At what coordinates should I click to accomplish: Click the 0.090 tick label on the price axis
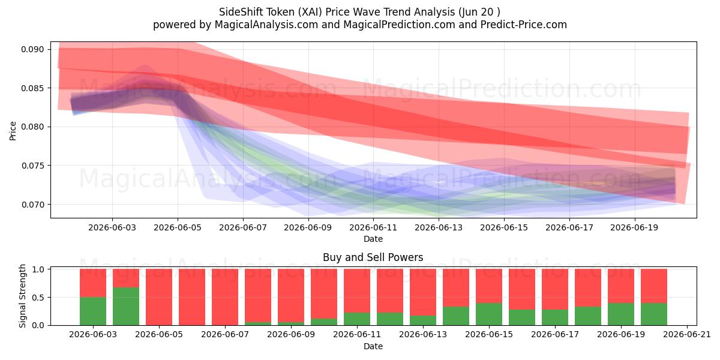(32, 49)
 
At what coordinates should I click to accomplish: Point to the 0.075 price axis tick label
(32, 166)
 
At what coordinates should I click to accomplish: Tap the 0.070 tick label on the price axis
(32, 205)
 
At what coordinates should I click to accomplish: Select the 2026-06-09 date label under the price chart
(308, 227)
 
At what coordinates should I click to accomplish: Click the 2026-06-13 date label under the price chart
(439, 227)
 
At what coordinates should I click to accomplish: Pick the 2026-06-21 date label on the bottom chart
(687, 335)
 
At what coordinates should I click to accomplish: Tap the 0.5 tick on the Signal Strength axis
(38, 298)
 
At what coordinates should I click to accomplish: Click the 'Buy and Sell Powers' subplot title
(373, 257)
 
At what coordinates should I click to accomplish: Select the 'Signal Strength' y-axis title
(22, 296)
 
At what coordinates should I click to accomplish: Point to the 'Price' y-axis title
(13, 131)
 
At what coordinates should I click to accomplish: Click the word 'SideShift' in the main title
(241, 12)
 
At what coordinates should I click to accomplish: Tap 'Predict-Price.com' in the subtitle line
(524, 25)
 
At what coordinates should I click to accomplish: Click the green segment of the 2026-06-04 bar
(126, 307)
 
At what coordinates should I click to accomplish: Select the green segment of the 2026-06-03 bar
(93, 311)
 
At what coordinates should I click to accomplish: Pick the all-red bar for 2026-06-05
(159, 297)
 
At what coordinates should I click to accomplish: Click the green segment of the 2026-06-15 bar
(489, 314)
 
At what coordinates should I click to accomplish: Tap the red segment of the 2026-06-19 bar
(621, 286)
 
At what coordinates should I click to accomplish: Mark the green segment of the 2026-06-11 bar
(357, 319)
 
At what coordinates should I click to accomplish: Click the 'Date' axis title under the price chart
(373, 239)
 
